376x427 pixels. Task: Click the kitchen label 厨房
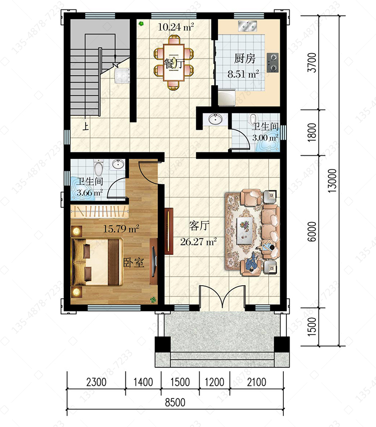pos(245,58)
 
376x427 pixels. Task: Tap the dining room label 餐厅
pos(173,64)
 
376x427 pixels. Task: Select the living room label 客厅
pos(199,226)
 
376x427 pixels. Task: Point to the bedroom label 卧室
pos(134,263)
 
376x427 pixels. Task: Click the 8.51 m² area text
pos(243,74)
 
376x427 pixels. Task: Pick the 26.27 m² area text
pos(199,241)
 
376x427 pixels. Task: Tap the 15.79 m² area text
pos(121,228)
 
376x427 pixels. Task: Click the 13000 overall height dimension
pos(332,181)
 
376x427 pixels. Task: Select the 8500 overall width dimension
pos(175,402)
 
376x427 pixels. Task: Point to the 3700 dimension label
pos(312,63)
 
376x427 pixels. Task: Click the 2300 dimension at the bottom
pos(96,382)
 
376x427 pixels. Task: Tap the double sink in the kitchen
pos(247,26)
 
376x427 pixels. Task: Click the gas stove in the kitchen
pos(272,63)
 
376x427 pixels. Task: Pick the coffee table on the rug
pos(245,228)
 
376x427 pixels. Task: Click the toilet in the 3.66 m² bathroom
pos(99,167)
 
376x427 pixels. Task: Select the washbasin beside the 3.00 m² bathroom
pos(216,119)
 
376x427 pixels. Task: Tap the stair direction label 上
pos(86,126)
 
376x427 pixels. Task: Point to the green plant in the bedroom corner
pos(153,300)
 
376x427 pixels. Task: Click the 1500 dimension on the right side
pos(312,326)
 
